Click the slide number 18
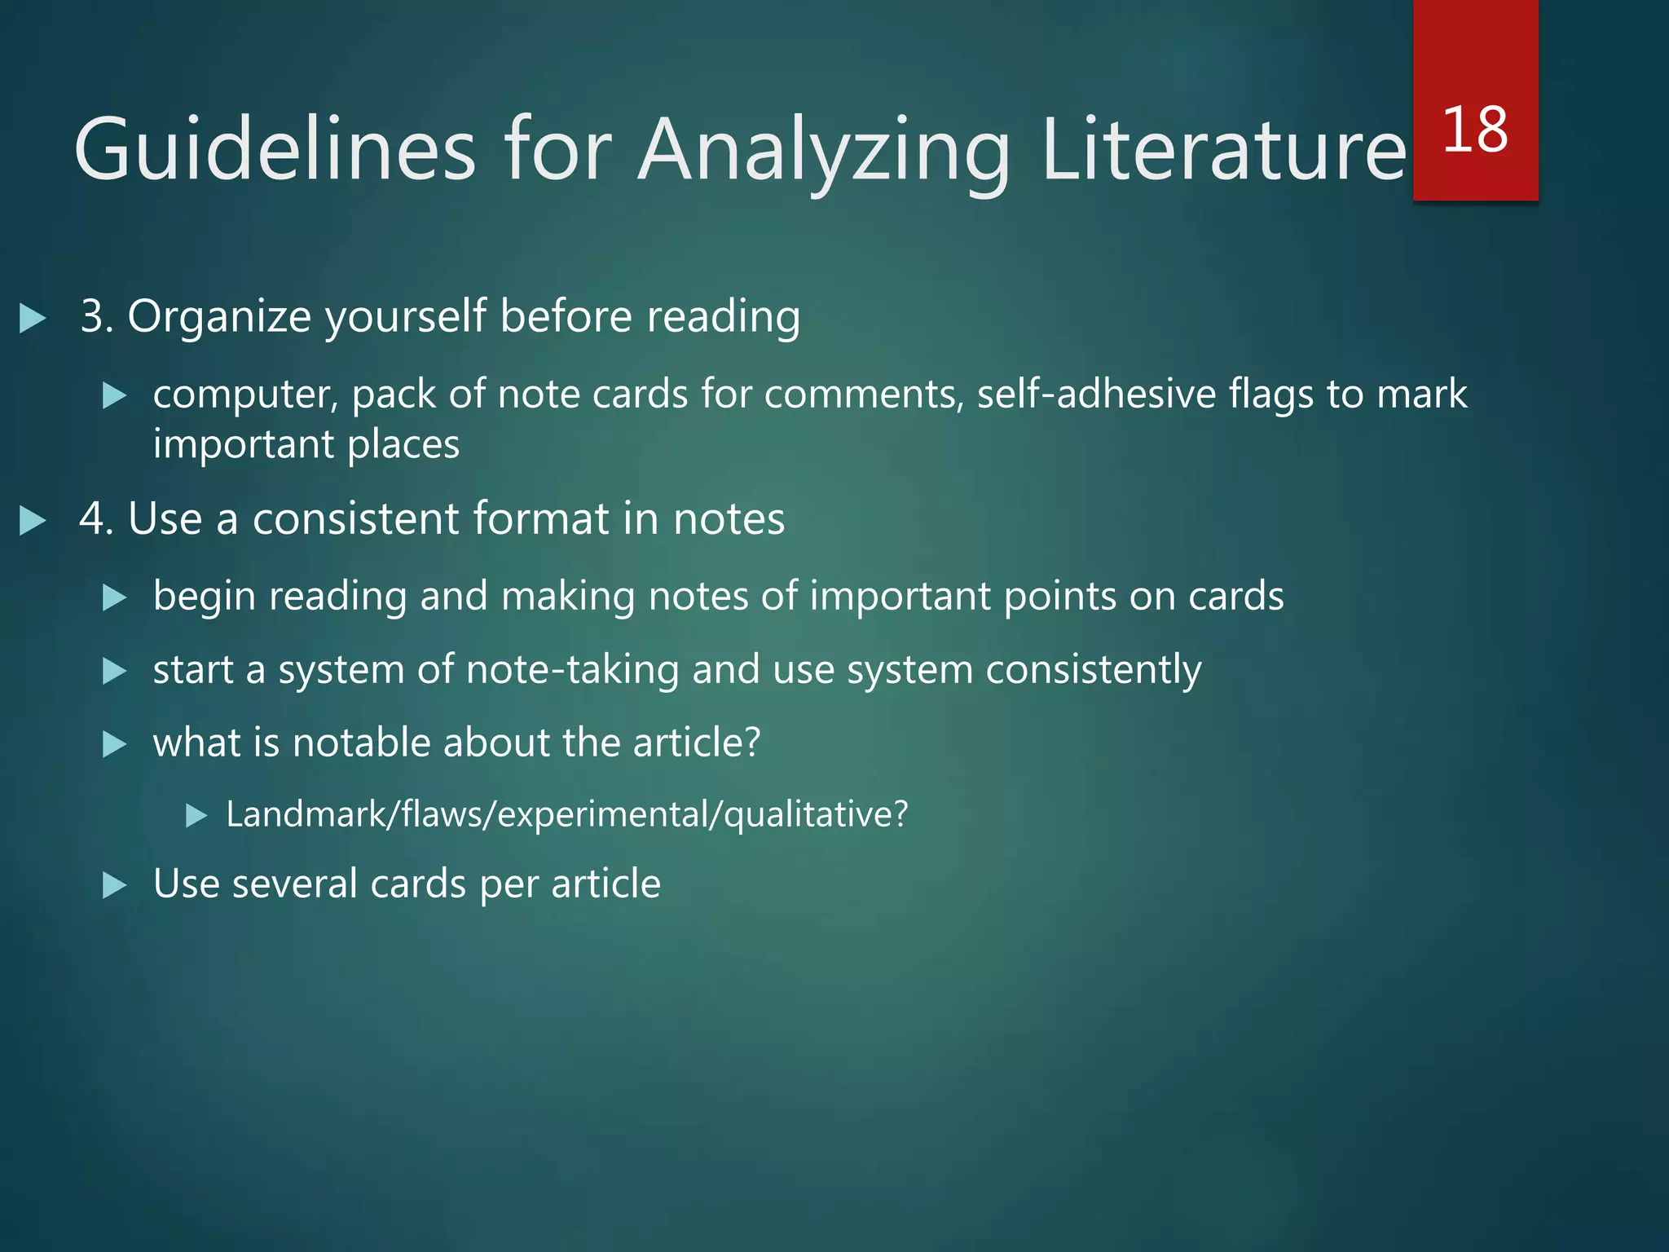click(x=1475, y=130)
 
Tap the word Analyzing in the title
click(x=823, y=151)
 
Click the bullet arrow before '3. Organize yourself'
click(x=33, y=318)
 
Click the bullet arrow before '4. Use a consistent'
click(x=33, y=521)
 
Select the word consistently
click(x=1093, y=671)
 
